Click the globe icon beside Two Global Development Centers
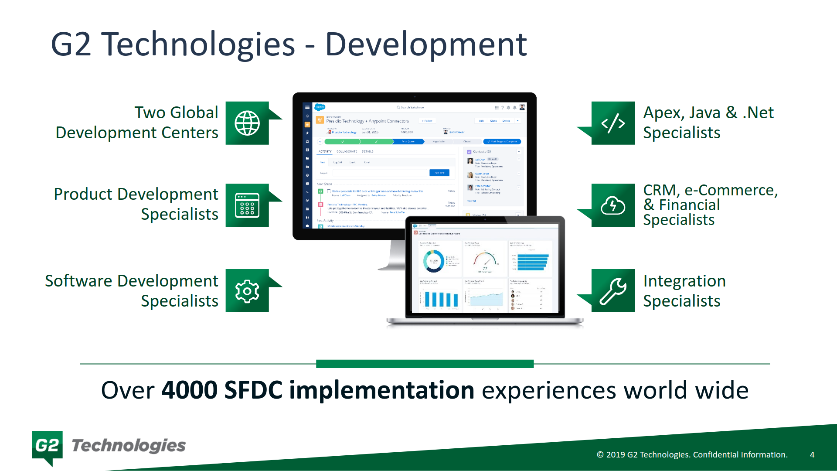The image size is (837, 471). click(247, 123)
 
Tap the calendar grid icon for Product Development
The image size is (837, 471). click(247, 205)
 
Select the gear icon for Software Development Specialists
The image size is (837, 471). click(247, 291)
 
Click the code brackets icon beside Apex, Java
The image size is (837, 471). click(613, 123)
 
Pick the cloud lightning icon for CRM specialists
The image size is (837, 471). click(613, 205)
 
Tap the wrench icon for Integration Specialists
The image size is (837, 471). click(613, 291)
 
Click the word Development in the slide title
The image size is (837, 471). click(426, 44)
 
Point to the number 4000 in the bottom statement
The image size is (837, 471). click(189, 390)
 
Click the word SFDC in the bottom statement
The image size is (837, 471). click(253, 390)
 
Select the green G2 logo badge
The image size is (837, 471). click(47, 446)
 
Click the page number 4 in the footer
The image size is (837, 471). click(812, 454)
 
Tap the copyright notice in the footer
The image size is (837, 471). click(692, 454)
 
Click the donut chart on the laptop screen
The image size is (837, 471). click(434, 261)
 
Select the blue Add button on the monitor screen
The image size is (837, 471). click(439, 173)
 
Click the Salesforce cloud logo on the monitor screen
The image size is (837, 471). click(320, 107)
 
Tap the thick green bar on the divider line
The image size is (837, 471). click(425, 364)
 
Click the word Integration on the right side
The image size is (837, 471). click(684, 281)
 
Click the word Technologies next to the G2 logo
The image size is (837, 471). click(129, 446)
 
